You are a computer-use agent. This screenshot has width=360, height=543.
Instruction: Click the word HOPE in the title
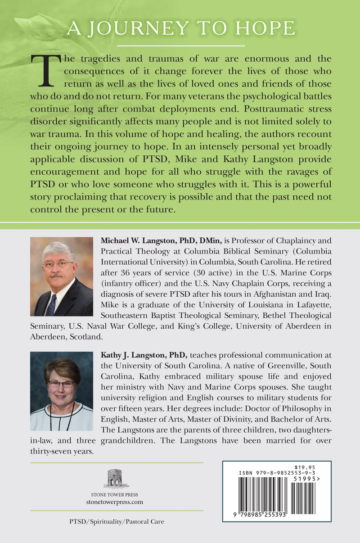[265, 29]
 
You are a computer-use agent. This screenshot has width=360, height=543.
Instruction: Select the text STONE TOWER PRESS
[117, 493]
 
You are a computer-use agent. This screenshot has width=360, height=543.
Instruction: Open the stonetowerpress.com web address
[117, 502]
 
